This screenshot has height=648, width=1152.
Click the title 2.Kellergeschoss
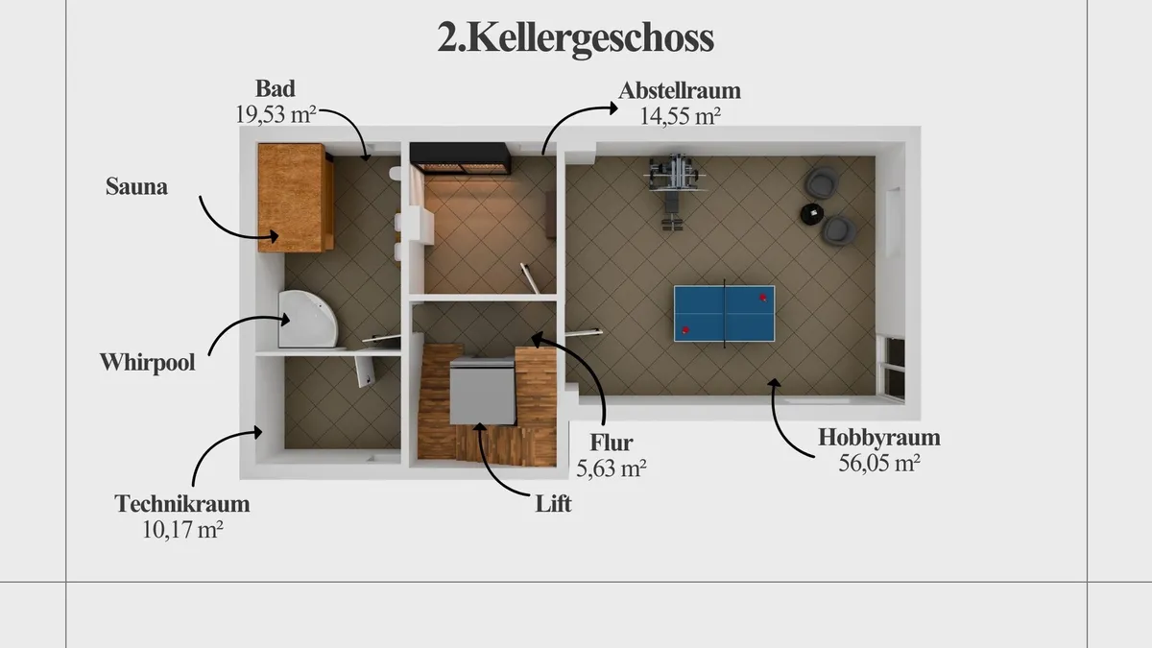click(575, 37)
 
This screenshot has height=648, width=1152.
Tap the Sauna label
click(136, 186)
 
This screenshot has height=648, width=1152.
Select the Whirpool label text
click(147, 363)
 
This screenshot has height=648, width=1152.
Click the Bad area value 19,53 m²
click(276, 114)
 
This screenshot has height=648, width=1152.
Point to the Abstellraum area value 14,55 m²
click(680, 116)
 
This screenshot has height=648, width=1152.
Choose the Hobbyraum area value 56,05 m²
click(879, 463)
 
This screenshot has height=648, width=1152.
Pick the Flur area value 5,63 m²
click(611, 468)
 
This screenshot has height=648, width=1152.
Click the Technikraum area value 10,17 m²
click(182, 529)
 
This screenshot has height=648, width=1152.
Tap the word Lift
click(553, 503)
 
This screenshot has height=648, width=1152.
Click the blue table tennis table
click(724, 314)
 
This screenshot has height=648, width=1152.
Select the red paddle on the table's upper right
click(763, 298)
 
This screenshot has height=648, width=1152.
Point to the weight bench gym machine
click(674, 190)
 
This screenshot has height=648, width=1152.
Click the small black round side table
click(812, 214)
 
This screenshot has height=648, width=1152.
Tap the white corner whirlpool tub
click(307, 320)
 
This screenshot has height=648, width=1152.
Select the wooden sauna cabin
click(296, 198)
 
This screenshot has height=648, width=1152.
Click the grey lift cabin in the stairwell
click(482, 391)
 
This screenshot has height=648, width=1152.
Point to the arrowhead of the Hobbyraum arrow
click(773, 383)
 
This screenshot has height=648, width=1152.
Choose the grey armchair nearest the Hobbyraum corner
click(823, 182)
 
